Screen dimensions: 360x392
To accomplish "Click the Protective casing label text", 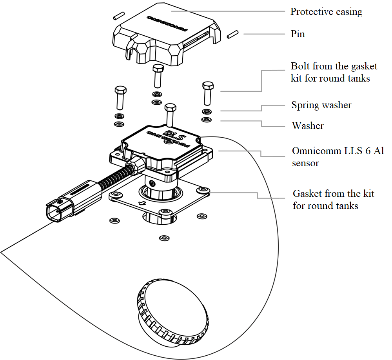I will (x=326, y=12).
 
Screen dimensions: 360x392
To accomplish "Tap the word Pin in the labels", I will (x=298, y=34).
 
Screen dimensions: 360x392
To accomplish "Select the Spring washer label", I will (x=321, y=105).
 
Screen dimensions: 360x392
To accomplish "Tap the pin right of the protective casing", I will (x=232, y=34).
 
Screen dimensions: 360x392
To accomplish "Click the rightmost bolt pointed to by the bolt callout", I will (x=208, y=86).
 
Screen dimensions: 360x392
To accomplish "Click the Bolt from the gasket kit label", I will (x=334, y=72).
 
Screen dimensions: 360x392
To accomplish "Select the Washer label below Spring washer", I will (x=307, y=126).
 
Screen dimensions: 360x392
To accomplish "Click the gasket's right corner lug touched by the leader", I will (x=203, y=191).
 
